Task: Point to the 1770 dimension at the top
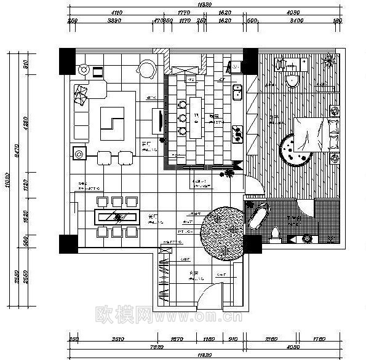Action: click(x=183, y=12)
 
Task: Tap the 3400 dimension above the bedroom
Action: click(x=296, y=21)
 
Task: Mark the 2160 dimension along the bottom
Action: click(x=271, y=338)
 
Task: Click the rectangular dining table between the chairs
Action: click(x=116, y=216)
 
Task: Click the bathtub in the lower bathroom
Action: click(x=258, y=216)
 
